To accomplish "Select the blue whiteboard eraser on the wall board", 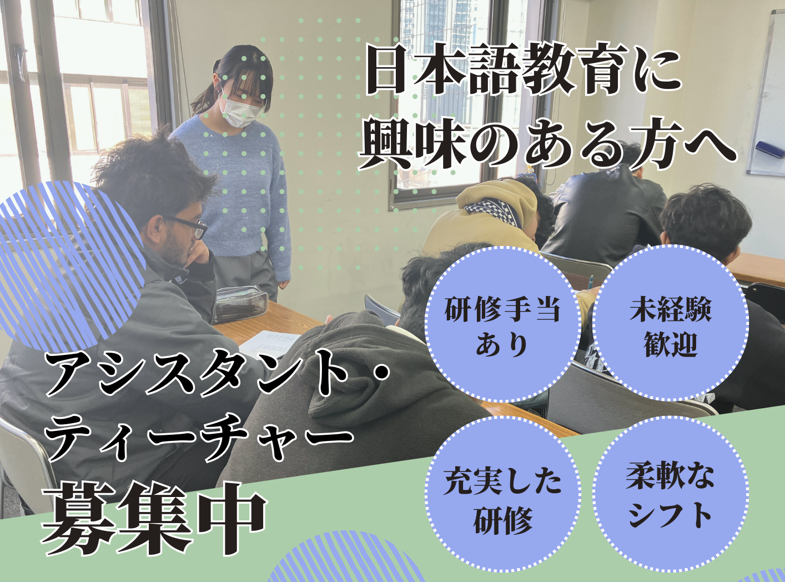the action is coord(770,150).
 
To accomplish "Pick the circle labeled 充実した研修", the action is coord(502,494).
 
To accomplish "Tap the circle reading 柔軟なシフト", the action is coord(670,494).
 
